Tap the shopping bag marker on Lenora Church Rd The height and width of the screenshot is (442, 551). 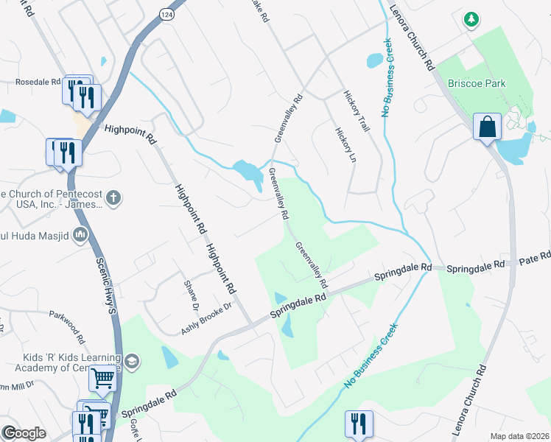point(487,127)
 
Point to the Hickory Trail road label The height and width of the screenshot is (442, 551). point(356,111)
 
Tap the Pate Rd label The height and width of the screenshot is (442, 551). point(535,257)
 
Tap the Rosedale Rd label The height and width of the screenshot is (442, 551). point(38,82)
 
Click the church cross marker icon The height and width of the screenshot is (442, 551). point(112,197)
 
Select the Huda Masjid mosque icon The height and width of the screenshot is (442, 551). point(80,235)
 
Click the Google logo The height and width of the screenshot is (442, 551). point(24,433)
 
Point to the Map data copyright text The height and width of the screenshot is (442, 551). point(519,436)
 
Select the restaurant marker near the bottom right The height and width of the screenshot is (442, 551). point(358,424)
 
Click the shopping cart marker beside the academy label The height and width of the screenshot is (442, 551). point(102,379)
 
